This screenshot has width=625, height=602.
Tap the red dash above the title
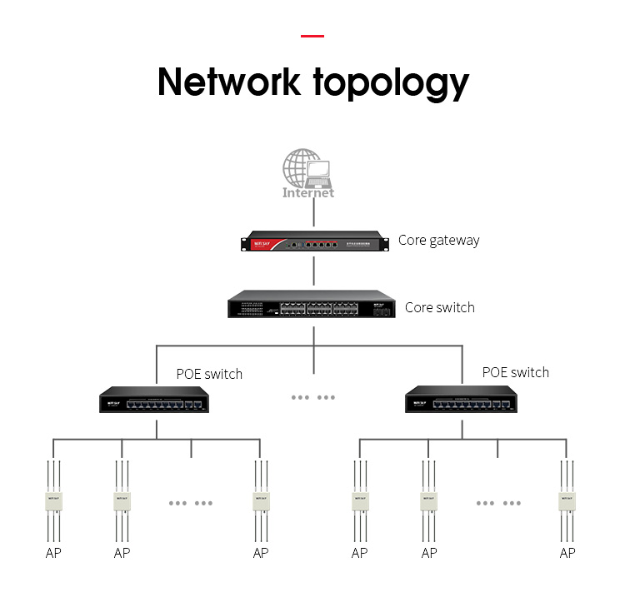point(312,36)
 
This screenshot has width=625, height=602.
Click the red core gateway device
point(313,243)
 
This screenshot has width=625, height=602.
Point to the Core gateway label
point(438,240)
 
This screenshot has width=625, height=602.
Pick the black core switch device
point(313,306)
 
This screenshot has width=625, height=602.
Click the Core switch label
point(439,307)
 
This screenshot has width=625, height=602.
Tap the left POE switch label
point(209,374)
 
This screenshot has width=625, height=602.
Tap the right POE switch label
point(516,372)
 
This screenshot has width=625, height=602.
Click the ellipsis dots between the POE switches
point(313,397)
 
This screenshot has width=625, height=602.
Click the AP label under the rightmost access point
point(567,553)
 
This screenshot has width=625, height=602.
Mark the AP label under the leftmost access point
point(53,553)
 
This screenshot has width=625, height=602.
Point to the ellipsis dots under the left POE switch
point(191,503)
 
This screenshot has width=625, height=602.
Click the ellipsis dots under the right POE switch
point(498,503)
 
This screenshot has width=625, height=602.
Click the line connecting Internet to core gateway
point(313,214)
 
